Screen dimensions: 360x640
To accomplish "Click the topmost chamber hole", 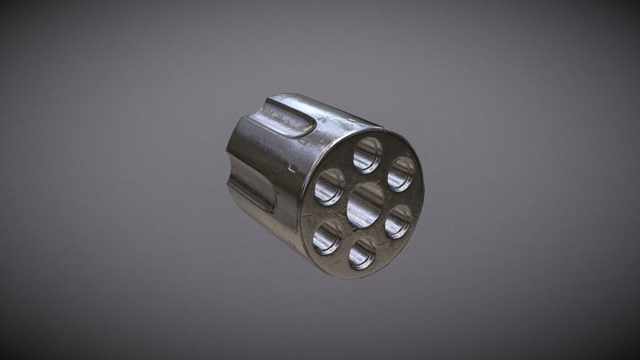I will pyautogui.click(x=367, y=155).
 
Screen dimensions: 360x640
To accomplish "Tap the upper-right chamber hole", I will pyautogui.click(x=401, y=174).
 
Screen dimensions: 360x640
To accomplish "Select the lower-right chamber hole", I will pyautogui.click(x=397, y=221).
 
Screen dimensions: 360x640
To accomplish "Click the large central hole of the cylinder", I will pyautogui.click(x=364, y=204).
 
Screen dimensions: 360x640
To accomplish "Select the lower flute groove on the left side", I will pyautogui.click(x=252, y=187).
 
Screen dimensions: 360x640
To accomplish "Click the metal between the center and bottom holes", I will pyautogui.click(x=363, y=233).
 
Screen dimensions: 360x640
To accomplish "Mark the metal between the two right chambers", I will pyautogui.click(x=401, y=198).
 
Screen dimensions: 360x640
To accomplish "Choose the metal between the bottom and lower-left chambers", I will pyautogui.click(x=344, y=247).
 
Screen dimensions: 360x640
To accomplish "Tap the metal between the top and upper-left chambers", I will pyautogui.click(x=347, y=167).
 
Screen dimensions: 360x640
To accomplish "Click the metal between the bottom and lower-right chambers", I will pyautogui.click(x=381, y=240).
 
